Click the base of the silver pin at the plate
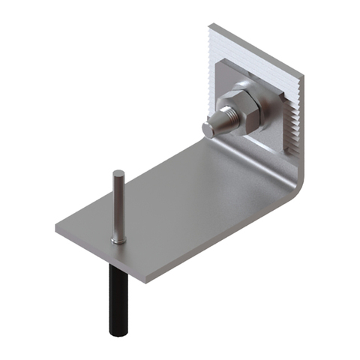[x=118, y=239]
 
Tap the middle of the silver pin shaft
[x=118, y=206]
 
